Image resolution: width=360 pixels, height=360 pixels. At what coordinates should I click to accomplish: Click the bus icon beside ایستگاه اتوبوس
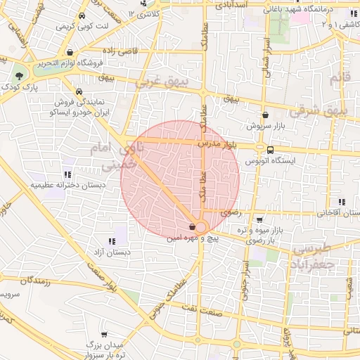tap(271, 149)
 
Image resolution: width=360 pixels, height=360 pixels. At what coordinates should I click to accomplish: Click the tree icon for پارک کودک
tap(20, 75)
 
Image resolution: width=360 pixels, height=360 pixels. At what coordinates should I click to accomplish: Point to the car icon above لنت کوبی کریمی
tap(82, 15)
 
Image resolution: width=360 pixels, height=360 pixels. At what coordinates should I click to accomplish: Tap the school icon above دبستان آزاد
tap(112, 241)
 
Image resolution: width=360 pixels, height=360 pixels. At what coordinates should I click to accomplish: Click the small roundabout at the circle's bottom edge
tap(200, 227)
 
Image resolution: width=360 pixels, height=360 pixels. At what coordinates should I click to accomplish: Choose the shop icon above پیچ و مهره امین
tap(193, 227)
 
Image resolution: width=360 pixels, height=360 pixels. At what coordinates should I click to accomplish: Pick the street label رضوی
tap(230, 212)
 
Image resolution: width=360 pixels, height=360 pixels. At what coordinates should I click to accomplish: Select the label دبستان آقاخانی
tap(334, 212)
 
